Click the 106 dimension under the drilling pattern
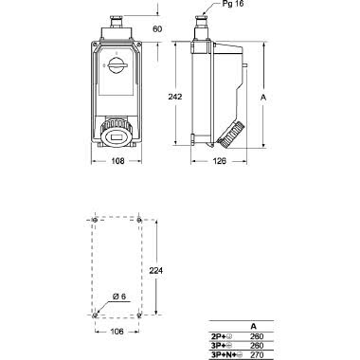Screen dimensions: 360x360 (117, 332)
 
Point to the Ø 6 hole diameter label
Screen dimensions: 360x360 (119, 297)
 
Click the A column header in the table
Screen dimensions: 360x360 (252, 326)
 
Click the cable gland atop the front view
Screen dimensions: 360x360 (118, 18)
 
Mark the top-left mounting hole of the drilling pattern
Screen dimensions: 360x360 (96, 220)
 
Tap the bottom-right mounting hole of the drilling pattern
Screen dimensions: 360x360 (140, 313)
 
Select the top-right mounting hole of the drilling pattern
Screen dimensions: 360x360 (140, 220)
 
